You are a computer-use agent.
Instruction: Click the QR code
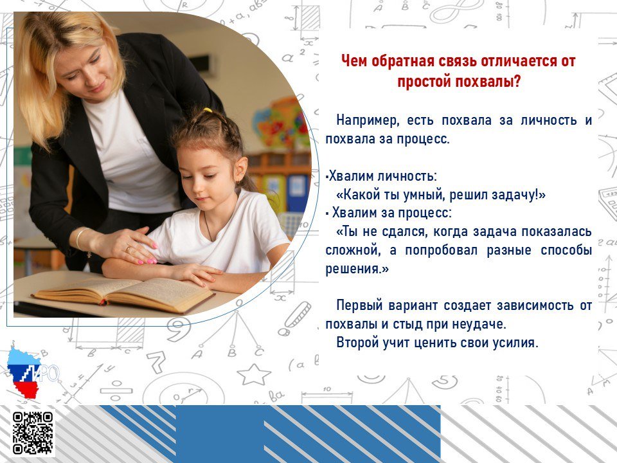[x=32, y=432]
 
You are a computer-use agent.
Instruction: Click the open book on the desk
[x=123, y=295]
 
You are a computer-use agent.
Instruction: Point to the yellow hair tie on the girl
[x=208, y=110]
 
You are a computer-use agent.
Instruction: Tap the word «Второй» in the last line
[x=357, y=343]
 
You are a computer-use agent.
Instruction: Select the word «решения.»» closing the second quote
[x=357, y=269]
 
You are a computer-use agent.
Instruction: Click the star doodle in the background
[x=254, y=374]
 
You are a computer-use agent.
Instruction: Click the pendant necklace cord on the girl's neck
[x=208, y=227]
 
